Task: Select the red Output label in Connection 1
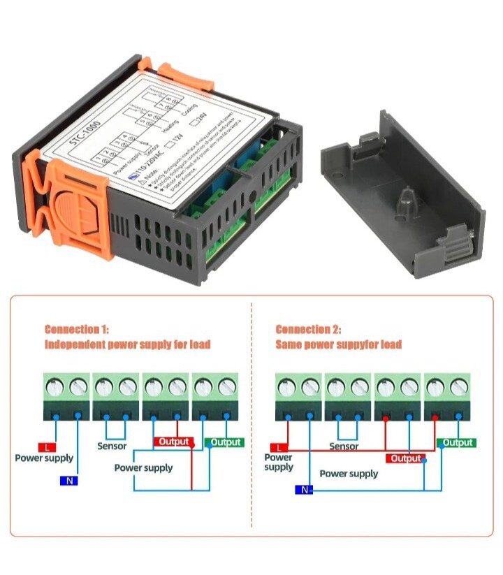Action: point(173,442)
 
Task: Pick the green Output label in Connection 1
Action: point(224,442)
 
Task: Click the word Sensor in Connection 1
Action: point(112,446)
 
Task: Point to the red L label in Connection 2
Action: point(279,447)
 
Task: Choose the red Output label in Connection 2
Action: point(405,459)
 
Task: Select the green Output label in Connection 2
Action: point(456,442)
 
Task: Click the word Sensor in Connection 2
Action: point(343,446)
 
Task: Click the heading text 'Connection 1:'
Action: point(77,329)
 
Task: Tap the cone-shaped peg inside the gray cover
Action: point(403,204)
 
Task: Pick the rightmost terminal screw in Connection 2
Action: point(458,385)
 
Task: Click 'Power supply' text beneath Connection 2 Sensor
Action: point(349,474)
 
